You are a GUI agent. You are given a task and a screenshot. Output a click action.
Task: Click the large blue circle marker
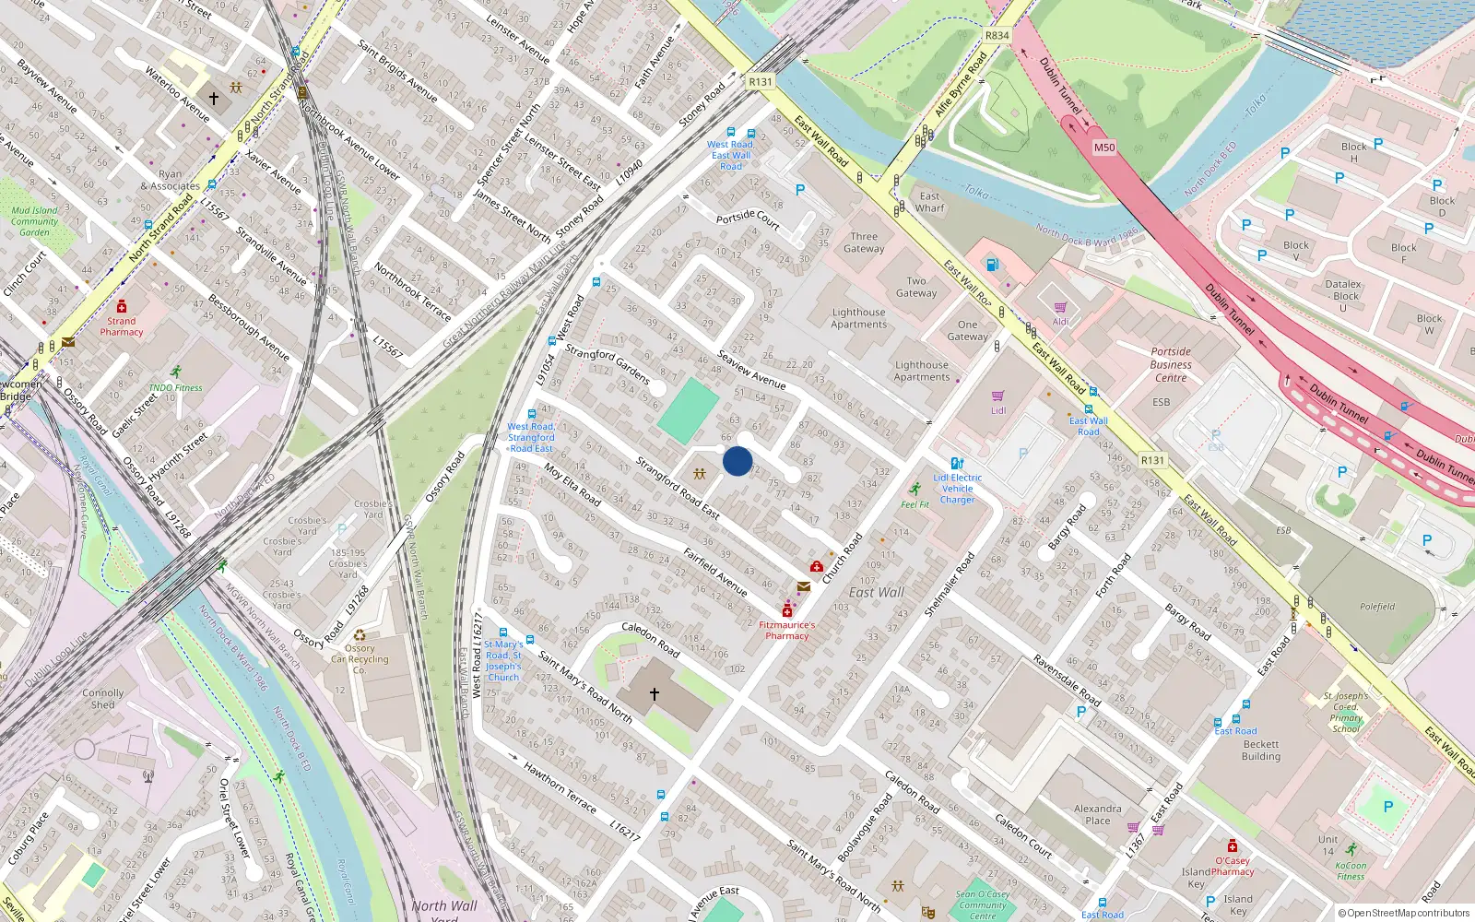737,461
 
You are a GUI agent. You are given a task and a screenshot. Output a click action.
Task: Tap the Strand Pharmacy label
122,326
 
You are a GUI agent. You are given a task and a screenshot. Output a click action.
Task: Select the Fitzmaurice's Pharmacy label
786,630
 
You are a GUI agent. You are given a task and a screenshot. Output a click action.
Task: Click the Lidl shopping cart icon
997,396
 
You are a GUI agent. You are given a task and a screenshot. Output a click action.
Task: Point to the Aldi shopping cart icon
1060,308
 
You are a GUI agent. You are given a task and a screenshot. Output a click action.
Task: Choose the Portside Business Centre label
1171,364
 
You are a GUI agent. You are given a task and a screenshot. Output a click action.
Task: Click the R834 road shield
997,36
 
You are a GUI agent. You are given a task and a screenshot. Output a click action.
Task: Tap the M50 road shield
1104,148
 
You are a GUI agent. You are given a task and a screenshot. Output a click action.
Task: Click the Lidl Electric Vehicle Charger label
958,489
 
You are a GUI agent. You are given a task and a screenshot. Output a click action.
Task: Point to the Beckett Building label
1261,751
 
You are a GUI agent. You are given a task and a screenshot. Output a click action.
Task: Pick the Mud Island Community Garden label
34,221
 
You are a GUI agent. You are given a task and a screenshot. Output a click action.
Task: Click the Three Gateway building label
864,242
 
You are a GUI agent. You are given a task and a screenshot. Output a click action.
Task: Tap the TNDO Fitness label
175,388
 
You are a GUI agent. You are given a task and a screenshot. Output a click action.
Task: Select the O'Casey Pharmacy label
1233,866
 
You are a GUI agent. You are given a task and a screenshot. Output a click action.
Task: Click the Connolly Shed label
102,699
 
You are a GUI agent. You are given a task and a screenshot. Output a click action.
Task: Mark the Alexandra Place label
1098,814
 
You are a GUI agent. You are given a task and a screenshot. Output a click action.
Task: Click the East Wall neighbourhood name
876,592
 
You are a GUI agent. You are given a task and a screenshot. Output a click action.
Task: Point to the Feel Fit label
915,504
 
